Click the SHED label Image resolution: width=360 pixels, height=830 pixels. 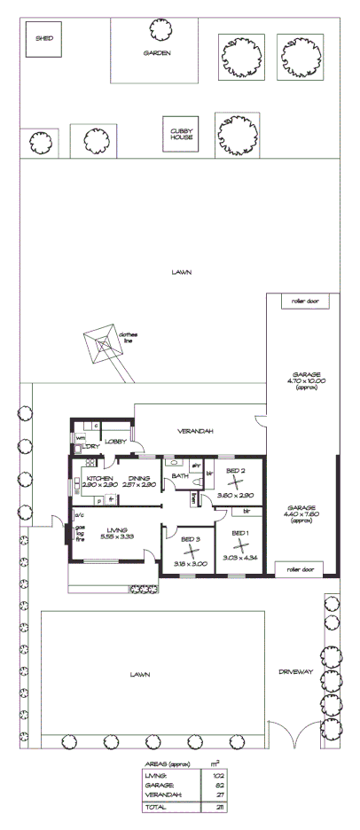coord(43,39)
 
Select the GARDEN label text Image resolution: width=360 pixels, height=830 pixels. coord(157,53)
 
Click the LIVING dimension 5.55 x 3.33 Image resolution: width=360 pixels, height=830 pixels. coord(116,536)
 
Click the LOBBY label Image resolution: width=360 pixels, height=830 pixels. coord(116,441)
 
